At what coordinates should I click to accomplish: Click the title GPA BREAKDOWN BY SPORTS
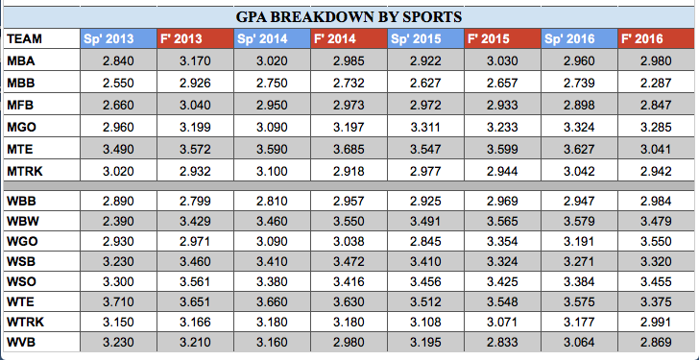pyautogui.click(x=349, y=16)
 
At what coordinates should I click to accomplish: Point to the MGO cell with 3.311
pyautogui.click(x=424, y=126)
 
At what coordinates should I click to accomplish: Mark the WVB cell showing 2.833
pyautogui.click(x=501, y=342)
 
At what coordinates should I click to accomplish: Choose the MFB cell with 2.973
pyautogui.click(x=349, y=105)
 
